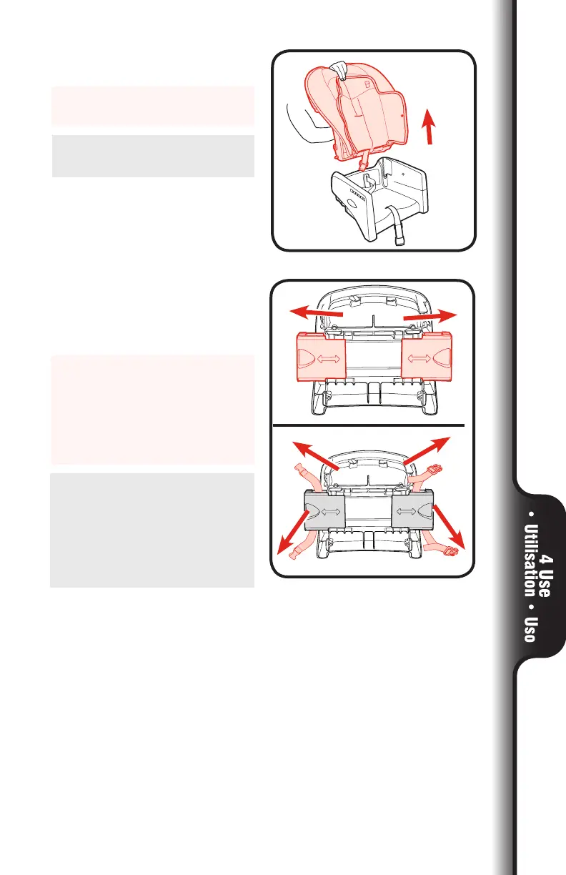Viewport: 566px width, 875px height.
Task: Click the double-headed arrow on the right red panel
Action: click(426, 357)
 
